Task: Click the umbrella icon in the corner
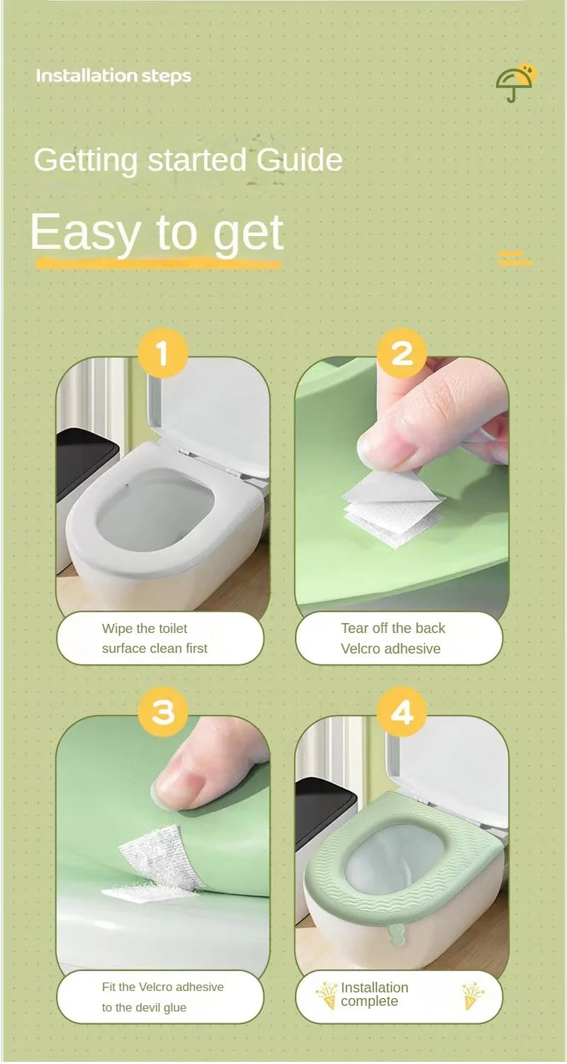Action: tap(515, 84)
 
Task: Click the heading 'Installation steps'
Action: tap(113, 76)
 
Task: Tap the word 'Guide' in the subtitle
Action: tap(300, 159)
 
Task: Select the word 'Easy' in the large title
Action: tap(84, 232)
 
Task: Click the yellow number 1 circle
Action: tap(162, 352)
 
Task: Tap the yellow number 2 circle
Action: tap(402, 352)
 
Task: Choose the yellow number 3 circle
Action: tap(162, 711)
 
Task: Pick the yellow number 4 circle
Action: tap(402, 711)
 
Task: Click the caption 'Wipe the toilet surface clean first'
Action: tap(155, 638)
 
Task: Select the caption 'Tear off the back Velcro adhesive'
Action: tap(393, 638)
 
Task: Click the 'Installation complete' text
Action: tap(374, 994)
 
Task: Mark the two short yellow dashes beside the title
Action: tap(515, 257)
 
